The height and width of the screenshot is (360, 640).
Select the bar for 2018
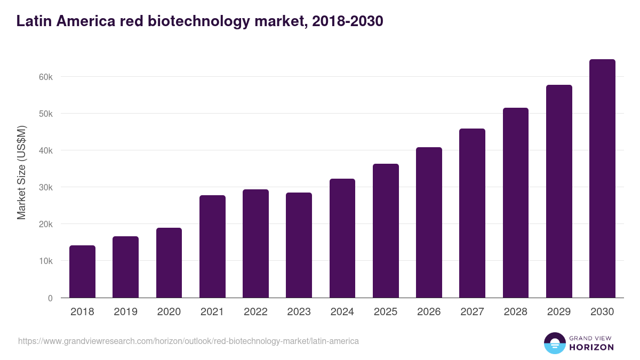pos(82,271)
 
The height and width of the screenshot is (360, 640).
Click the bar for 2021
pos(212,246)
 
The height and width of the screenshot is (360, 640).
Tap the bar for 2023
pos(299,245)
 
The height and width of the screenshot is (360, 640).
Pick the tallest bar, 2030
pos(602,179)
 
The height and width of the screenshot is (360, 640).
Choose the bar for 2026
pos(429,222)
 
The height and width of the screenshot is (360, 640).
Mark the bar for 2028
pos(515,203)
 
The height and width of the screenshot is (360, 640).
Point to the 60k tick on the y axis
pos(46,77)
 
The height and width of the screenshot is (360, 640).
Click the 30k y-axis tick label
pos(46,187)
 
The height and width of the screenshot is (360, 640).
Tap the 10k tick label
pos(46,261)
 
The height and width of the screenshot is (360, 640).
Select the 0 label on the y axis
pos(50,298)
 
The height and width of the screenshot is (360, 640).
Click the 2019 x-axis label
pos(125,312)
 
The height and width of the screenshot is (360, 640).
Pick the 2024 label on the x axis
pos(342,312)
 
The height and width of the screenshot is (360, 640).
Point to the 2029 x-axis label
pos(559,312)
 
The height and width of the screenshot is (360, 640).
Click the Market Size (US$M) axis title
pos(21,172)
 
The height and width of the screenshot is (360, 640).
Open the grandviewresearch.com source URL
pos(188,341)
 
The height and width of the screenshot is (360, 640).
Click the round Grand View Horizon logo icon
pos(554,343)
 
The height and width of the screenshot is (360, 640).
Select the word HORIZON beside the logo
pos(591,347)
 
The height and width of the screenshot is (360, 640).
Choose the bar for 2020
pos(169,263)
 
